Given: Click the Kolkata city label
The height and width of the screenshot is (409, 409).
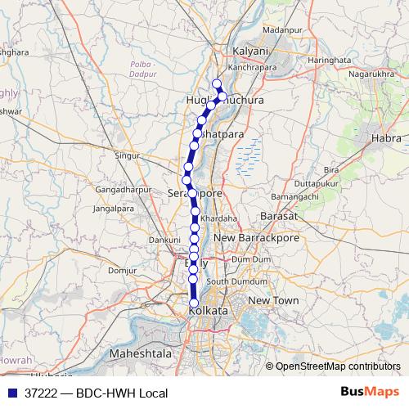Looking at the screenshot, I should pyautogui.click(x=208, y=312).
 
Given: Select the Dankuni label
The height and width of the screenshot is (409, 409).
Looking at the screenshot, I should pyautogui.click(x=164, y=240).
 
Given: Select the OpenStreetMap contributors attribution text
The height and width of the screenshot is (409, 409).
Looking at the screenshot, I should pyautogui.click(x=338, y=366).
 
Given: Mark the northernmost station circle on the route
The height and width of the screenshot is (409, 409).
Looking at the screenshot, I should pyautogui.click(x=217, y=84).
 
